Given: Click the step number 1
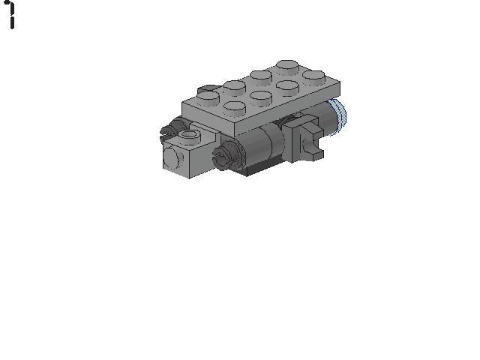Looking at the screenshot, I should pos(10,14).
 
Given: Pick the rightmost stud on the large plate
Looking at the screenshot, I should pos(314,76).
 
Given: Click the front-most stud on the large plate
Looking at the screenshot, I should pos(235,106).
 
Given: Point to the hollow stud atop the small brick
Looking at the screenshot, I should pos(190,136).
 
